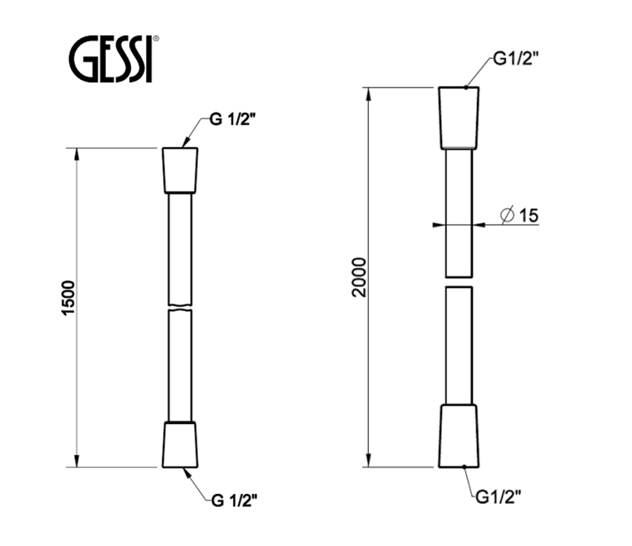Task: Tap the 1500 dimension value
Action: (69, 298)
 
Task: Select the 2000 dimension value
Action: (358, 277)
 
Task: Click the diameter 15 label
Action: (519, 215)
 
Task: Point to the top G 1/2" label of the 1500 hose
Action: (233, 119)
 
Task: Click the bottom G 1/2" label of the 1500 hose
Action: (234, 500)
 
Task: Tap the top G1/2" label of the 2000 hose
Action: (516, 59)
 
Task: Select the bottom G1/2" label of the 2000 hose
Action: (499, 497)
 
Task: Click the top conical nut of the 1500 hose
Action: (180, 171)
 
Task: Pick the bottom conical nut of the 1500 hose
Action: (180, 445)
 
